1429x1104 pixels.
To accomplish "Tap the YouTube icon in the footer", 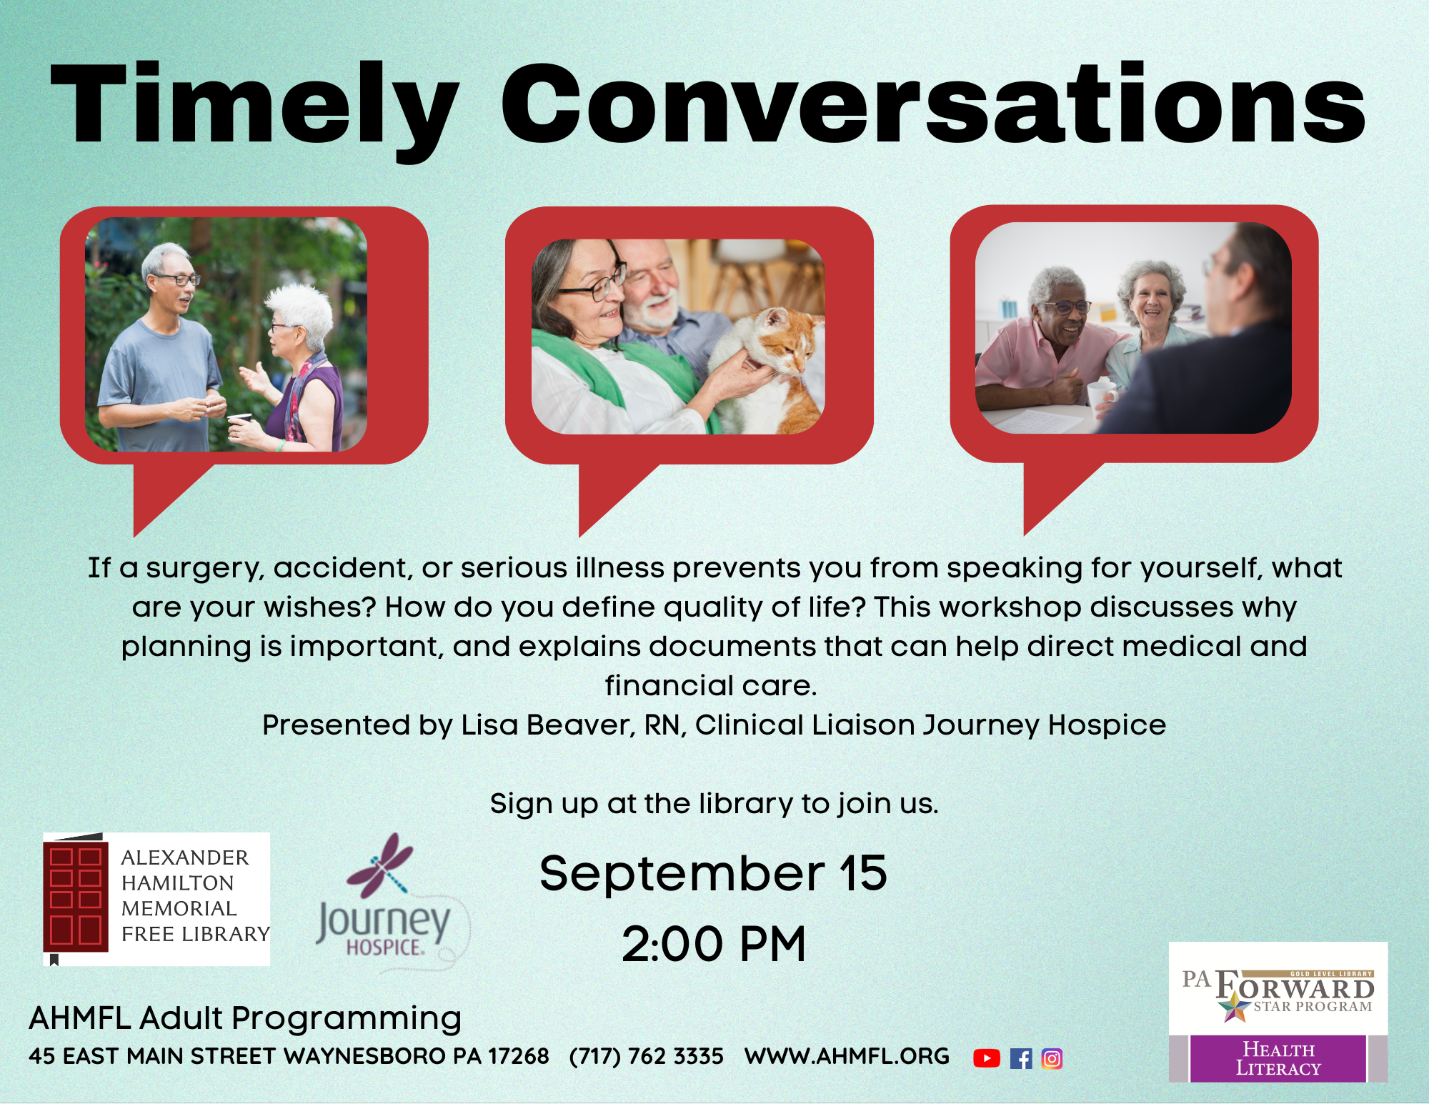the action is point(987,1058).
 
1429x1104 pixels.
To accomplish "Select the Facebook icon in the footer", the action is point(1021,1058).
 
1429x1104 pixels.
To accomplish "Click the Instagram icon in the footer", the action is point(1052,1058).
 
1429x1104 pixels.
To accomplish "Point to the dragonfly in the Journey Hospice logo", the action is point(379,865).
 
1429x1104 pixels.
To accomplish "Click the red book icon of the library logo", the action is point(75,897).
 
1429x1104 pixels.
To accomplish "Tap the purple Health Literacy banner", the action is point(1278,1058).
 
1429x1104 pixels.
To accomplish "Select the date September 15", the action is point(713,872).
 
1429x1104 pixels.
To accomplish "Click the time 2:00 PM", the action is point(714,944).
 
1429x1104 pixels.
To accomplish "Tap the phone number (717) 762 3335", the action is point(646,1056).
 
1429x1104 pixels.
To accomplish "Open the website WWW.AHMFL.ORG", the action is point(847,1056).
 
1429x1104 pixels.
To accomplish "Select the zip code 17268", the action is point(518,1056).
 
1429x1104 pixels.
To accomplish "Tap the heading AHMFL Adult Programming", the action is point(245,1018).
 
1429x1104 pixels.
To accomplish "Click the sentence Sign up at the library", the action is point(714,804).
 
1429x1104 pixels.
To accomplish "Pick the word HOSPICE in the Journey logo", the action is point(385,948).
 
